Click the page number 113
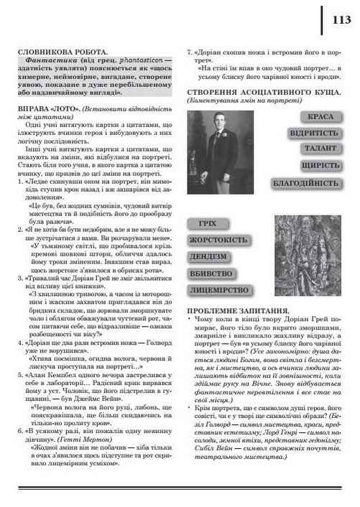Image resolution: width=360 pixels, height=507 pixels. point(340,19)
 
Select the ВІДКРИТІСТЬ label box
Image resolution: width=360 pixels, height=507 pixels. point(313,133)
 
